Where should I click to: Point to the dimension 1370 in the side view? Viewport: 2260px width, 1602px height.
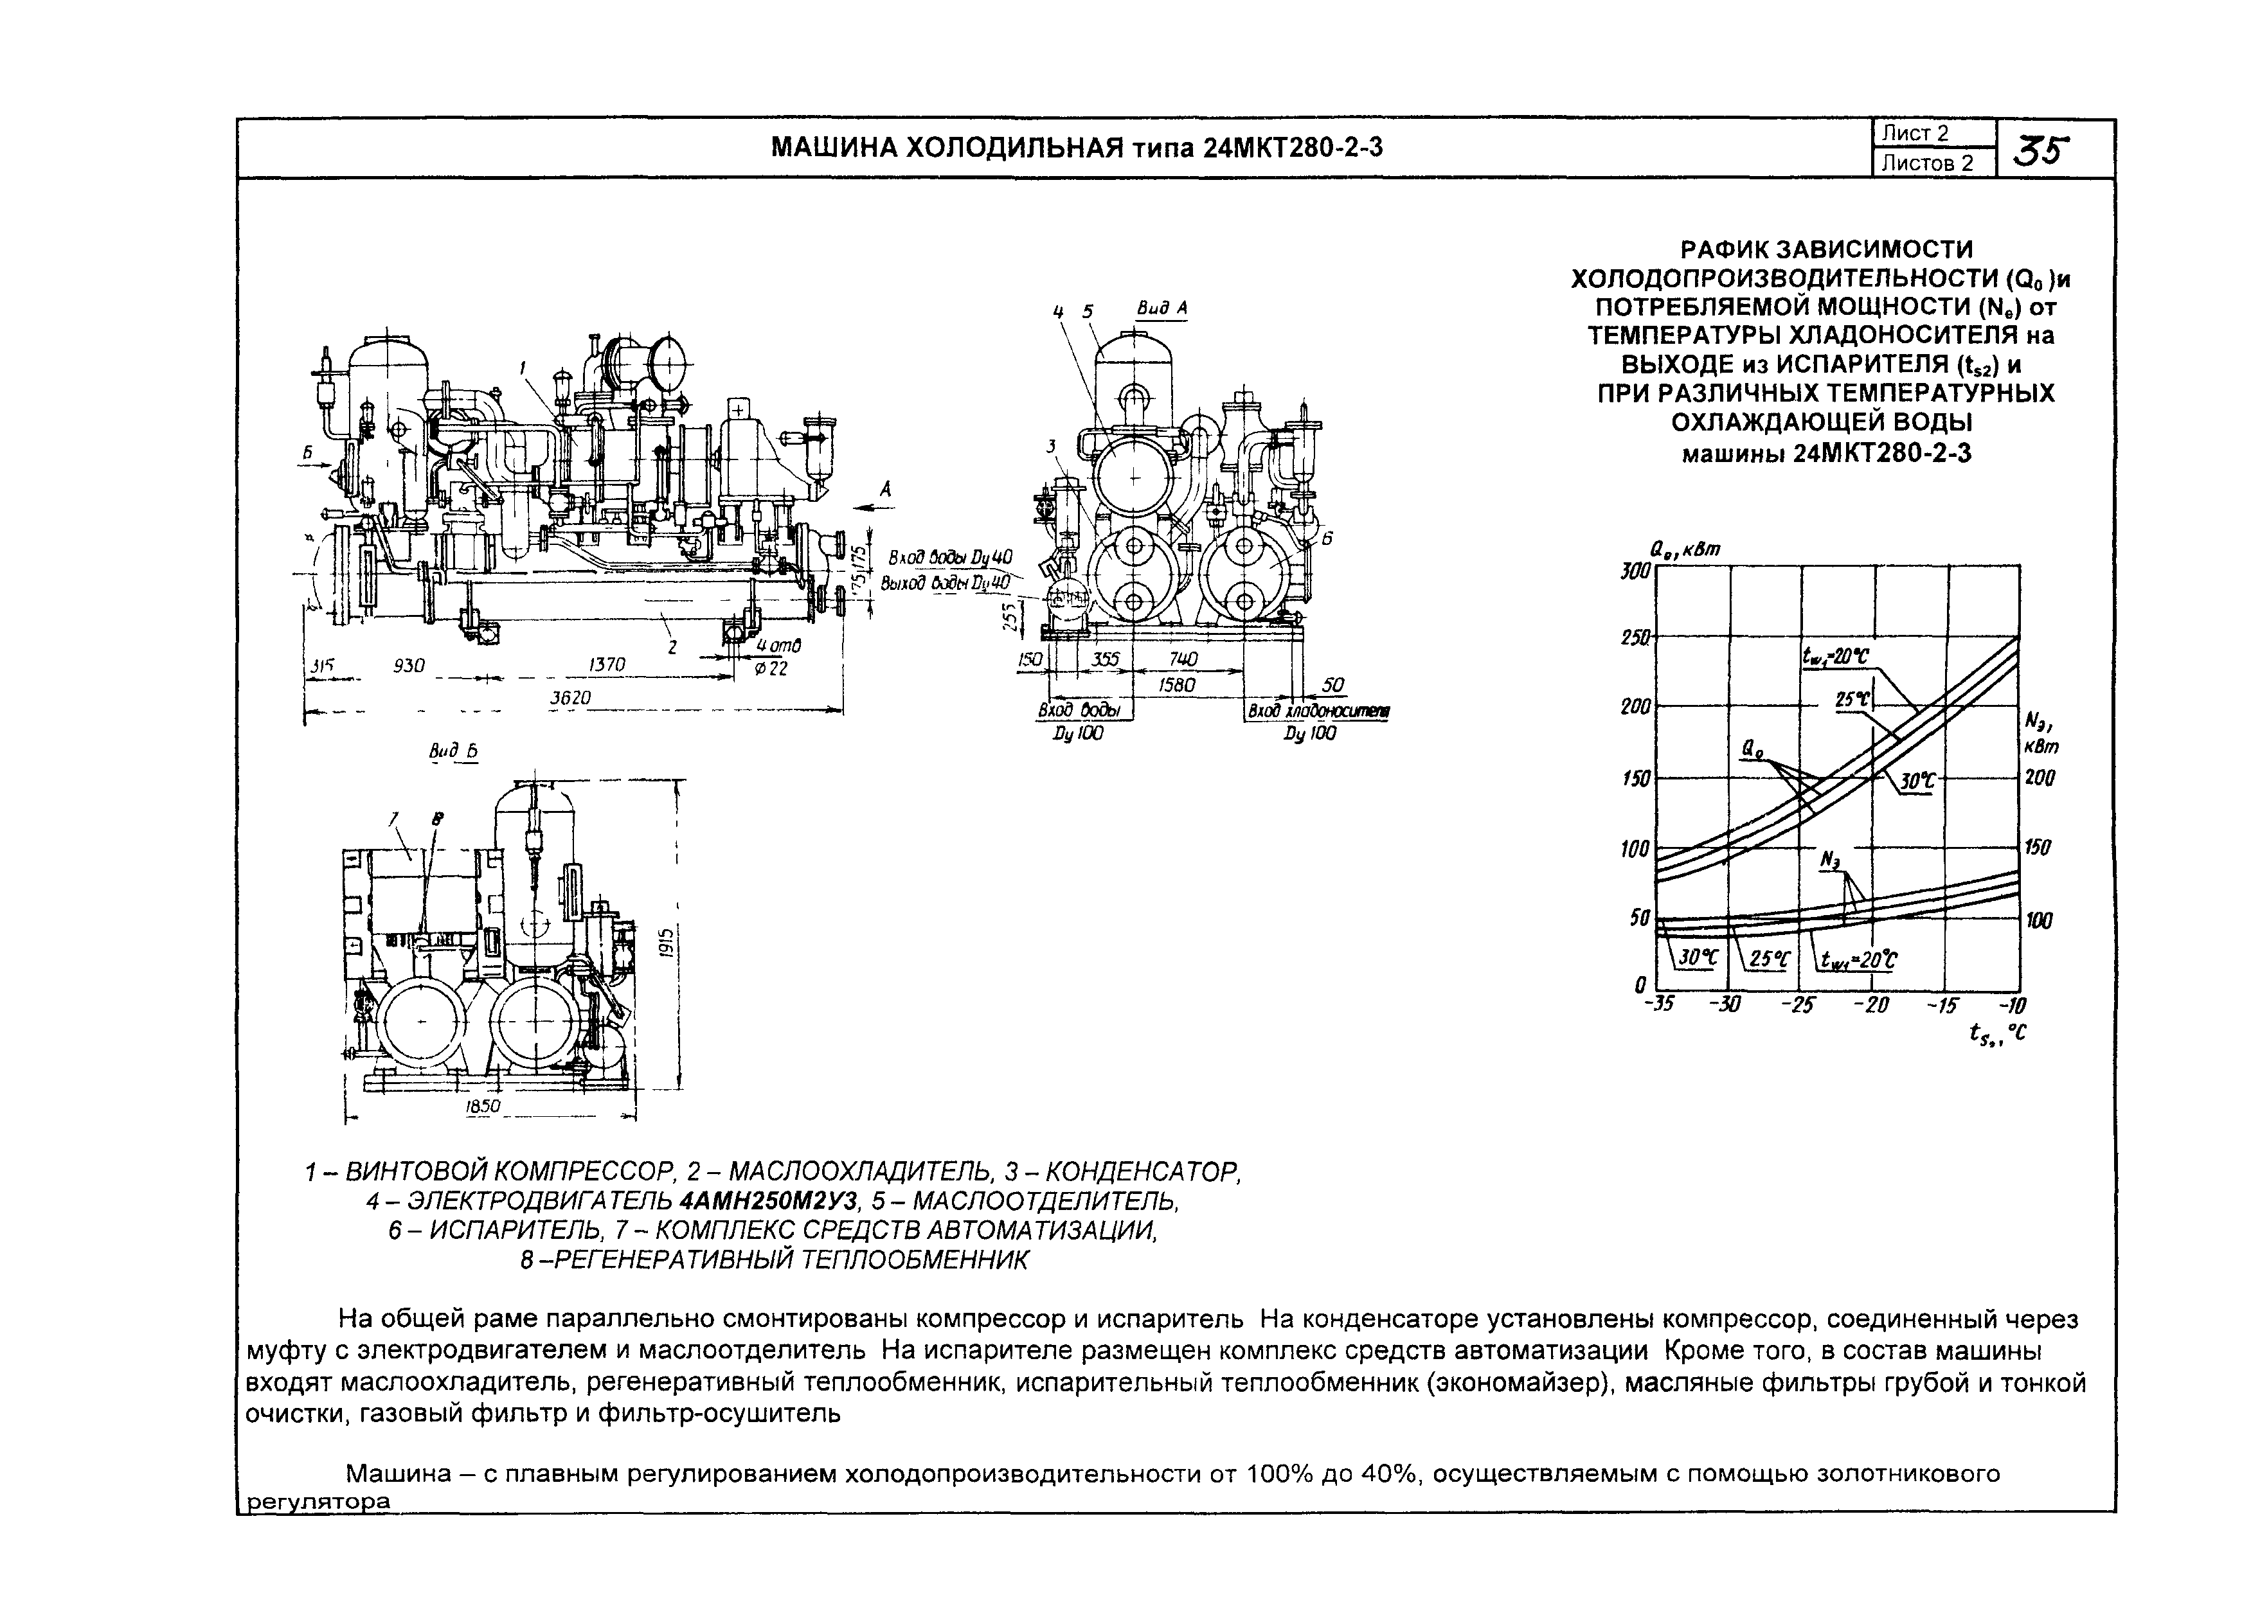607,665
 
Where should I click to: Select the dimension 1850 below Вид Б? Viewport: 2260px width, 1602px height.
482,1107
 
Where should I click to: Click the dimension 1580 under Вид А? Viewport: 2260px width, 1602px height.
1176,684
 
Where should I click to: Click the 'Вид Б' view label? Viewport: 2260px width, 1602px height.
453,752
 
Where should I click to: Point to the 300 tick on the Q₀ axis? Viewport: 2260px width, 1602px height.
1635,570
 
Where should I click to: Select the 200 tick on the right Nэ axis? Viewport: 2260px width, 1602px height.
2039,778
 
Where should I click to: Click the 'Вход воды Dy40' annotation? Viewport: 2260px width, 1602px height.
950,557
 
